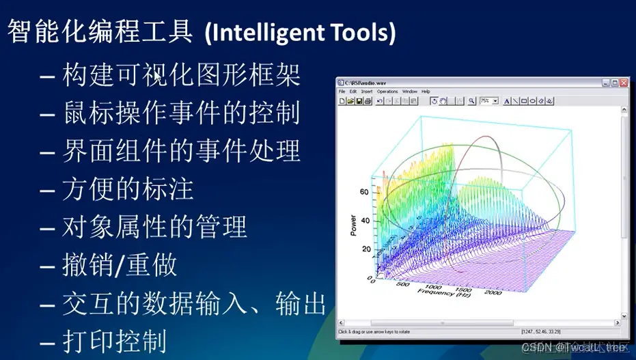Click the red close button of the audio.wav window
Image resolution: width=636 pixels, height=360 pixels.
pos(623,83)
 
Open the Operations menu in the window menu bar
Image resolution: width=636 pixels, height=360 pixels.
pos(387,91)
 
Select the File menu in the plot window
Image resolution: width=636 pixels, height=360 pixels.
pos(342,91)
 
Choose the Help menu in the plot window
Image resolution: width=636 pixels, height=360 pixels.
pos(426,91)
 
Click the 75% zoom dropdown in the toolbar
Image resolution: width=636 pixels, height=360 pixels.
pos(488,100)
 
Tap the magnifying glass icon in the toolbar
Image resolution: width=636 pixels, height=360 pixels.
pos(471,100)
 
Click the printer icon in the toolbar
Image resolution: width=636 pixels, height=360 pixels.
pos(368,100)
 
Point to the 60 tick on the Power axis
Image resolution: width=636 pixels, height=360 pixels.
pos(363,193)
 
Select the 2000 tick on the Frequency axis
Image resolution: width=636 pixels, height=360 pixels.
pos(492,292)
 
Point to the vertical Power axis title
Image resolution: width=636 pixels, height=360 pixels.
pos(354,224)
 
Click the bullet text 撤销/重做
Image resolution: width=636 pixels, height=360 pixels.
pos(120,265)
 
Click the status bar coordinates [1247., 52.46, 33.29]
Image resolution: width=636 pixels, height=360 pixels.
pos(542,333)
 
